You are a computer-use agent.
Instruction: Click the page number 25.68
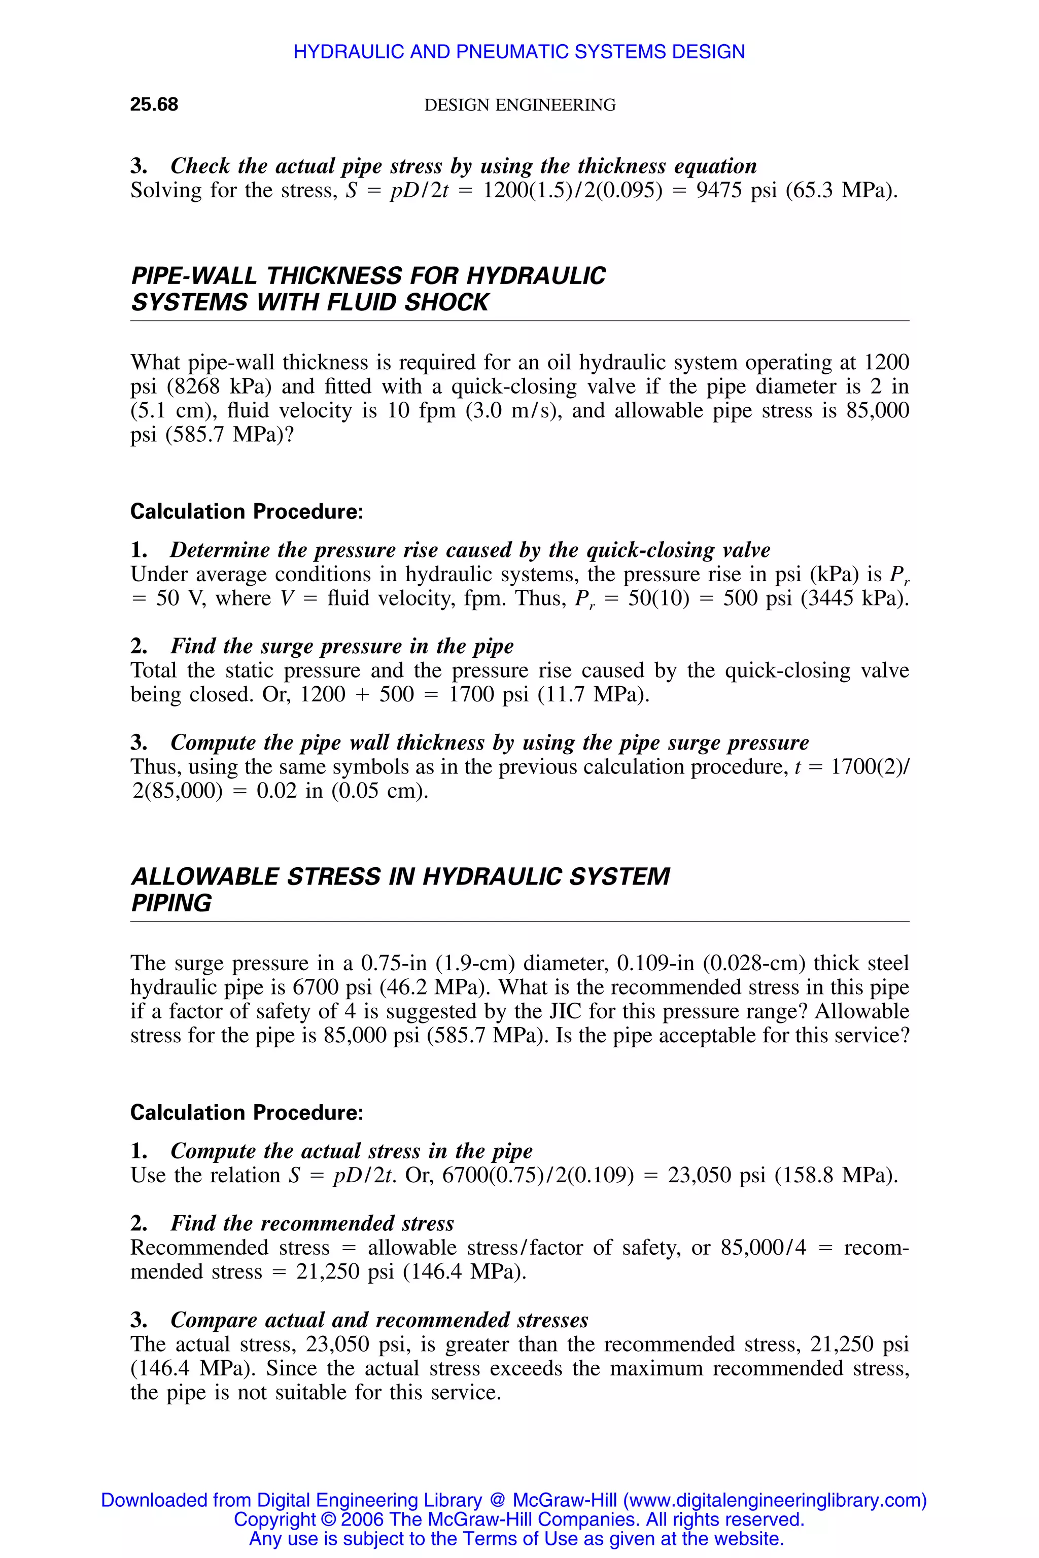154,104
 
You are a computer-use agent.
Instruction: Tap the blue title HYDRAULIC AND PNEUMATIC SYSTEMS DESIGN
519,52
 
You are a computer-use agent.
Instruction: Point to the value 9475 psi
736,191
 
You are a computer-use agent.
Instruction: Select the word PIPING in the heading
171,904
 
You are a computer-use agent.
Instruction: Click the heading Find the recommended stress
312,1223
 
